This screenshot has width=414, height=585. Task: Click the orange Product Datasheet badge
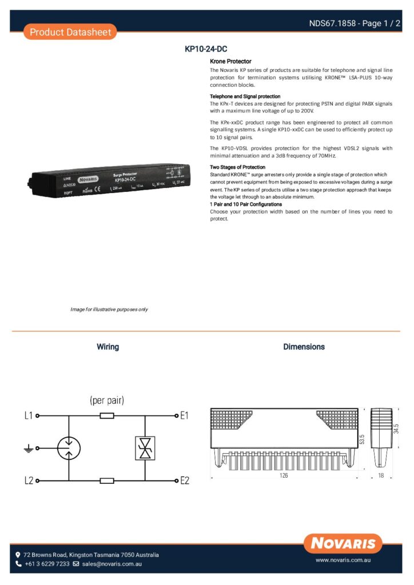[x=70, y=32]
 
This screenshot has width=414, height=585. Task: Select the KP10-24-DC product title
[x=206, y=50]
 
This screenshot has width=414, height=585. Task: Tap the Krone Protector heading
[x=230, y=61]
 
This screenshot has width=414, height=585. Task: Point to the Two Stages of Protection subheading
[x=237, y=167]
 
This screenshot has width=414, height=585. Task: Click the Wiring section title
[x=108, y=347]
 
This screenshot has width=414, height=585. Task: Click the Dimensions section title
[x=304, y=347]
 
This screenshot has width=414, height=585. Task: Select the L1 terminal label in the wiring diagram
[x=29, y=416]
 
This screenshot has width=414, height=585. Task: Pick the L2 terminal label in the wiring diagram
[x=29, y=481]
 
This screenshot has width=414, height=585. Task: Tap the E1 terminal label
[x=184, y=416]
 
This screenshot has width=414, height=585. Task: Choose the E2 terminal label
[x=184, y=481]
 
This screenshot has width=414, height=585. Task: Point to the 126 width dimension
[x=284, y=475]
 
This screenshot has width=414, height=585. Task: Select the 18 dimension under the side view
[x=381, y=475]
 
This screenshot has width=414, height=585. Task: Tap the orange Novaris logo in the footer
[x=343, y=543]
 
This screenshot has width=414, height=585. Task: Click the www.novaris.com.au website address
[x=343, y=561]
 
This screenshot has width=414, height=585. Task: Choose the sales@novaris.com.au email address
[x=112, y=564]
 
